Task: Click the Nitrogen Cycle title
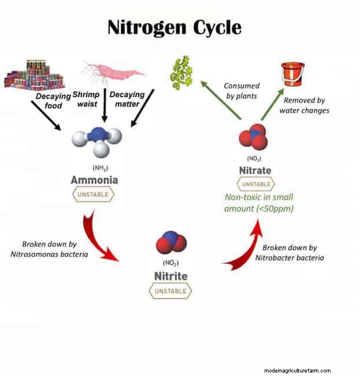[175, 27]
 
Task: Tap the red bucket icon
[292, 75]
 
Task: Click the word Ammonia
[94, 180]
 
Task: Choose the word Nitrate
[254, 171]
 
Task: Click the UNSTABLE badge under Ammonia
[94, 194]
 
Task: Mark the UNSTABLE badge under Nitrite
[170, 291]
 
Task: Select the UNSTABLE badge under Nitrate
[254, 185]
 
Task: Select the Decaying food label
[53, 101]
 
